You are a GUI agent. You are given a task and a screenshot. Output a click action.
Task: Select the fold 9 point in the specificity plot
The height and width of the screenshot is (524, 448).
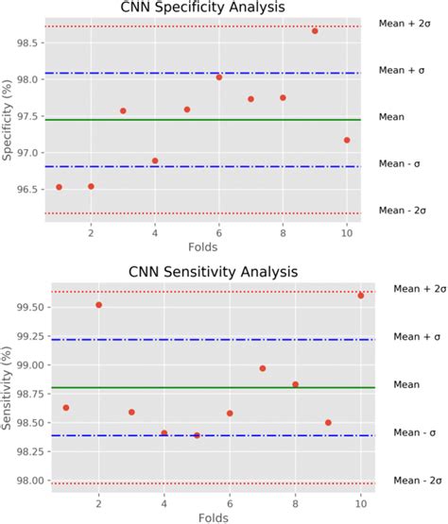pos(315,31)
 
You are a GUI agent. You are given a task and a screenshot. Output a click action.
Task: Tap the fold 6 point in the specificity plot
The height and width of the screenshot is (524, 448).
pos(219,77)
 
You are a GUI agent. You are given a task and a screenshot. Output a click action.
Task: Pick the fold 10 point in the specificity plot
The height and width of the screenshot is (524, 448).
pos(347,140)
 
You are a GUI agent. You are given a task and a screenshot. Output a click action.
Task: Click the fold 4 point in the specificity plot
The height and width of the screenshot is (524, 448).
pos(155,161)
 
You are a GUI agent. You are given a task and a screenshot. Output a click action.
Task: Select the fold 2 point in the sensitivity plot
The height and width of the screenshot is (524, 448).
pos(98,305)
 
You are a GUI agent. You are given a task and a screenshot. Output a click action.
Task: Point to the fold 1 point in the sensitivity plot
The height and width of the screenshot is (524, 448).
pos(66,408)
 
